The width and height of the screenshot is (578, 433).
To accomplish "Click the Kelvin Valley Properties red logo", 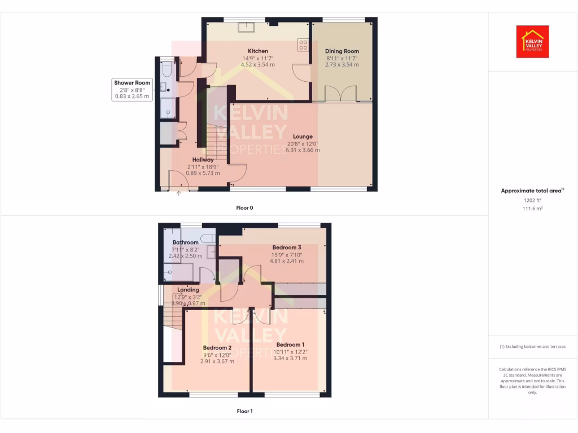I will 533,42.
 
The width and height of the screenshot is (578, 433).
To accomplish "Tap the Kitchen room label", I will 258,51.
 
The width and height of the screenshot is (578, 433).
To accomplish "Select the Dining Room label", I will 342,51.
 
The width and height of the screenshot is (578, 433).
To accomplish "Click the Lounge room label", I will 303,136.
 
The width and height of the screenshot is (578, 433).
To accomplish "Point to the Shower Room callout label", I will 132,83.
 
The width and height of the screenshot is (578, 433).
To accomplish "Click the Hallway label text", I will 203,160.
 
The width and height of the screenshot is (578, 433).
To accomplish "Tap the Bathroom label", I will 186,242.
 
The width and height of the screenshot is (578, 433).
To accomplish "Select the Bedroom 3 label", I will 287,248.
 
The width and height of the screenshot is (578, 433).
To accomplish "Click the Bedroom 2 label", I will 217,348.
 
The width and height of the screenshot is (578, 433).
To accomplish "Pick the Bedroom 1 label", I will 290,344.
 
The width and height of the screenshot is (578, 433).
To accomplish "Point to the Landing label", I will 188,290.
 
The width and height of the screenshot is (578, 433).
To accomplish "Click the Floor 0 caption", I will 244,208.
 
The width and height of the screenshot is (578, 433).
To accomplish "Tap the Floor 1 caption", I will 244,412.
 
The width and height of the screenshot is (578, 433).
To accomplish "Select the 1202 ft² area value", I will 532,200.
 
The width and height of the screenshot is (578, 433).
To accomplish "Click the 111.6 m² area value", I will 532,208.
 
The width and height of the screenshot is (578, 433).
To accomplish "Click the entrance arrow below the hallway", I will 179,195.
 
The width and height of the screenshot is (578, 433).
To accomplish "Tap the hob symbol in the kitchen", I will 303,44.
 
